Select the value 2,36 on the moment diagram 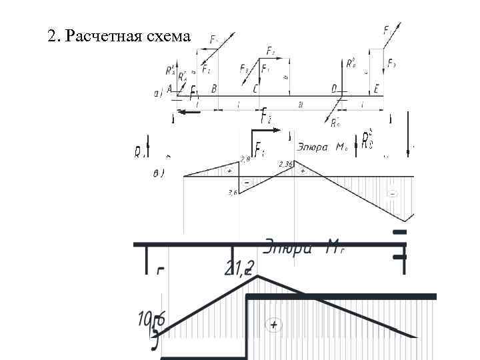click(286, 164)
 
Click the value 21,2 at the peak click(240, 269)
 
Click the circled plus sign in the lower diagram click(273, 325)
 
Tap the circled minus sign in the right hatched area click(393, 194)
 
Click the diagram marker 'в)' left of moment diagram click(157, 173)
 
